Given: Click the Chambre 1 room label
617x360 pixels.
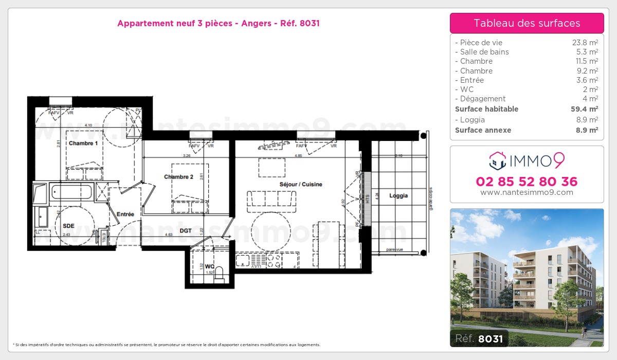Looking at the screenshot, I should click(x=83, y=143).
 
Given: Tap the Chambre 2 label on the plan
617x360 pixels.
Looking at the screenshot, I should click(x=178, y=177).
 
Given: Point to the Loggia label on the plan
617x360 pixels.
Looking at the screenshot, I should click(x=398, y=195).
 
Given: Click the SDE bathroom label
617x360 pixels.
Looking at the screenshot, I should click(x=68, y=226).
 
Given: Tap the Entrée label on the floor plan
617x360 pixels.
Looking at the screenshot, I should click(x=125, y=214).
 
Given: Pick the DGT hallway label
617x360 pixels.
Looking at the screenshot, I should click(x=186, y=231).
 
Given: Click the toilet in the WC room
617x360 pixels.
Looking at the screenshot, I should click(x=220, y=273).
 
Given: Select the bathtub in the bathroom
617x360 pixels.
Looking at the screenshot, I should click(x=72, y=192).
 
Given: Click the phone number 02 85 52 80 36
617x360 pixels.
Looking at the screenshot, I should click(x=527, y=182).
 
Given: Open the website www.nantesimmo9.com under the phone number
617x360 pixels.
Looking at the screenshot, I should click(x=527, y=192).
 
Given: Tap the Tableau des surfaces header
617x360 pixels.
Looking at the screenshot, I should click(x=527, y=23).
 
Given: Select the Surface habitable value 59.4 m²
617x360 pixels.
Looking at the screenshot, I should click(x=585, y=109).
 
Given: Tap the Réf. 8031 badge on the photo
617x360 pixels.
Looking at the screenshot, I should click(x=479, y=338).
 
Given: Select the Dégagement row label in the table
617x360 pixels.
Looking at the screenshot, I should click(x=482, y=99).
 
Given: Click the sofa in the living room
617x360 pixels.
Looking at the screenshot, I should click(x=271, y=201).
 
